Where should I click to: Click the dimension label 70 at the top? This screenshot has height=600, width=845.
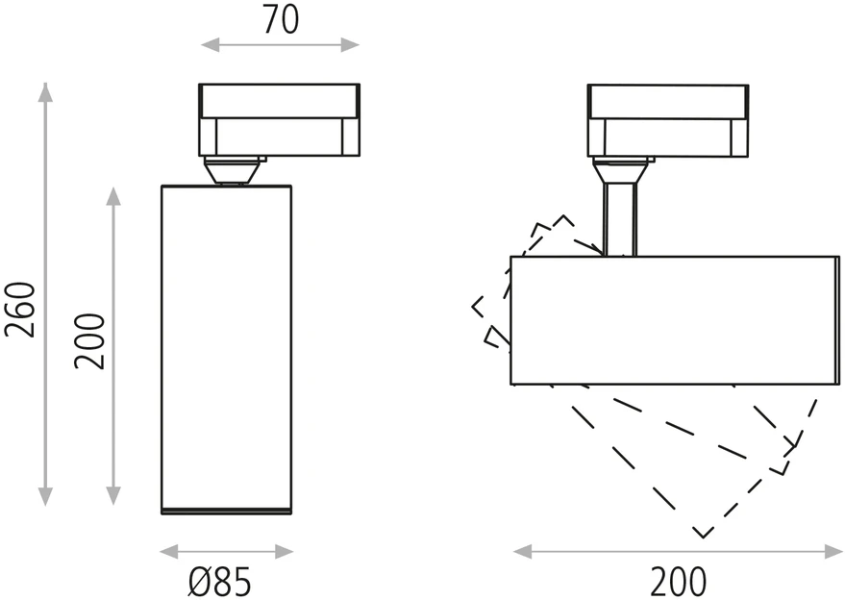tap(281, 20)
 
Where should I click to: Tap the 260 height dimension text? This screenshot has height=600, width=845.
tap(20, 310)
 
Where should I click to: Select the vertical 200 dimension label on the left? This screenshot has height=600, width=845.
tap(88, 341)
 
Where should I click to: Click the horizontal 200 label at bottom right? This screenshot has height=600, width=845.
tap(678, 582)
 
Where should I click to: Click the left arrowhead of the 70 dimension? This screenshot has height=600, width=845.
tap(211, 45)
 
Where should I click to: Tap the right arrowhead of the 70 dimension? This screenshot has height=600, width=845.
tap(350, 45)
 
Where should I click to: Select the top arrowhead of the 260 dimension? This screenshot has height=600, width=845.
tap(46, 92)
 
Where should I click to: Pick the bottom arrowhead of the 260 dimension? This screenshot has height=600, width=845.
tap(46, 496)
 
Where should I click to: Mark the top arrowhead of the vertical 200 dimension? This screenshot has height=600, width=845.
tap(113, 196)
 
